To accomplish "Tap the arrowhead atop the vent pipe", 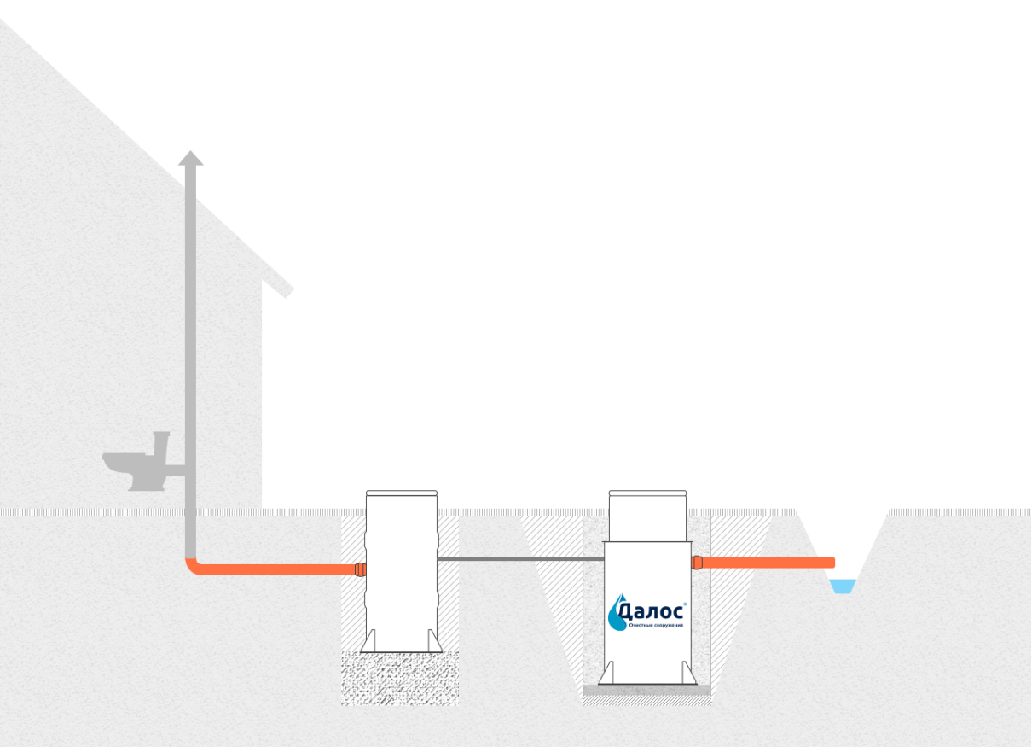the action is (191, 158).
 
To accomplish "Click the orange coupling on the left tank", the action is (360, 569).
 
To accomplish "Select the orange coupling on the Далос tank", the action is (697, 563).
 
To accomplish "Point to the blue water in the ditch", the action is (843, 586).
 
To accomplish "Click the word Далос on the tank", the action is (651, 611).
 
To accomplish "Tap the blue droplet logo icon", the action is (617, 612).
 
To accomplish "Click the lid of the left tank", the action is (402, 493).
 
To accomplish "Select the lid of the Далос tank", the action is (647, 493).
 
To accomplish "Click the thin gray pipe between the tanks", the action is (520, 559).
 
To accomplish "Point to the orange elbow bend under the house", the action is (194, 568).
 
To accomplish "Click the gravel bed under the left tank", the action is (400, 679).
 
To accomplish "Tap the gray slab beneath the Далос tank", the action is (646, 690).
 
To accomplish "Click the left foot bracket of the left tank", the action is (369, 641).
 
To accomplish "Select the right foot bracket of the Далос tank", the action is (689, 673).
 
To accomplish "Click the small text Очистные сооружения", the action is (656, 625).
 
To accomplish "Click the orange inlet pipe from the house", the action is (276, 569).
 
